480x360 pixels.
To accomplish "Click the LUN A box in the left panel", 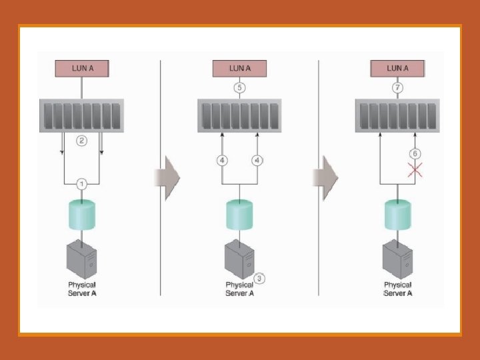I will [x=81, y=68].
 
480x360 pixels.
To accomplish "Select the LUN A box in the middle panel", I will [x=239, y=68].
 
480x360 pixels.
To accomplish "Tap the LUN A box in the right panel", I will [x=397, y=68].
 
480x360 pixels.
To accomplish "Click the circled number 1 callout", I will [x=81, y=183].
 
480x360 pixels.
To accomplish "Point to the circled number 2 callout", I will [x=81, y=141].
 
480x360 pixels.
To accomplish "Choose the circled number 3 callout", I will [x=261, y=278].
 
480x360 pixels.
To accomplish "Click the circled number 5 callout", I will [x=239, y=88].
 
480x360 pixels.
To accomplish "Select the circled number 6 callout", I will [x=415, y=154].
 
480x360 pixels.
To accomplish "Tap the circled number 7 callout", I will [x=397, y=88].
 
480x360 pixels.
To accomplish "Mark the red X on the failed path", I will [x=415, y=171].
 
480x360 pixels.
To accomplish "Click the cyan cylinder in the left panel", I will [x=81, y=215].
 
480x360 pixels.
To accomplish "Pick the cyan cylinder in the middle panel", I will [x=239, y=215].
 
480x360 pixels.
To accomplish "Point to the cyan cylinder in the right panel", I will [x=397, y=215].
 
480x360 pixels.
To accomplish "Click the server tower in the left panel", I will [x=81, y=259].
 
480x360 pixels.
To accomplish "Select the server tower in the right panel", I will [x=397, y=259].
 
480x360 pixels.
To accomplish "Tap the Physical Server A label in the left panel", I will [x=82, y=289].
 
